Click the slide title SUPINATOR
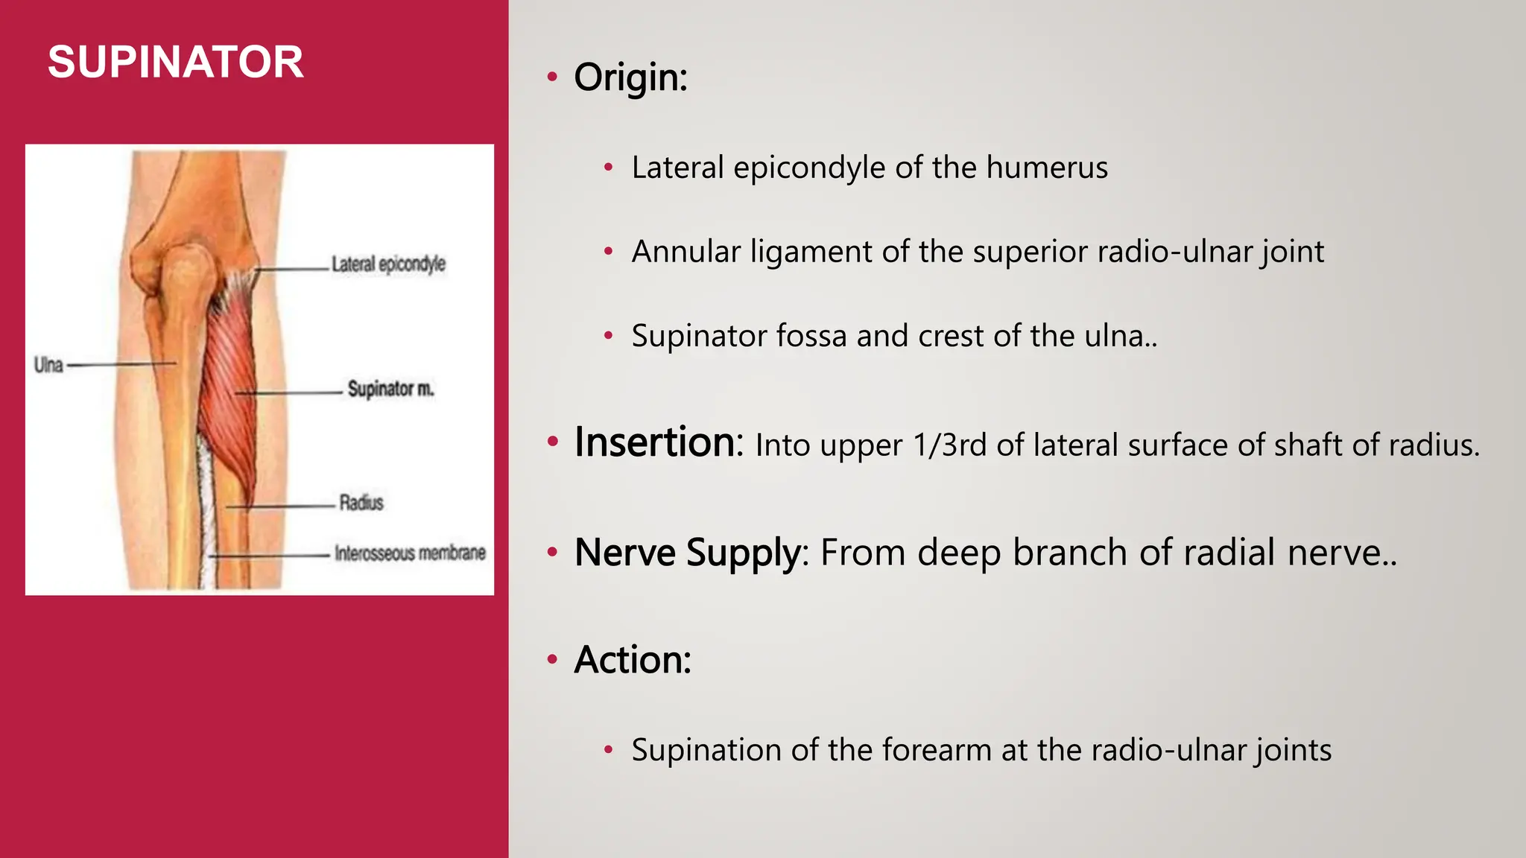[176, 62]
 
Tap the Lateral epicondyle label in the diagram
[388, 264]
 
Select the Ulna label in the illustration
[48, 365]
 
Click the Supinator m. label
[390, 389]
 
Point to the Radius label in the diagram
[361, 503]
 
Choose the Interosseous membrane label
[410, 553]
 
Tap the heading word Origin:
[630, 77]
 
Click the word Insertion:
[659, 442]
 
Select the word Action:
[633, 660]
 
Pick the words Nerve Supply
[687, 553]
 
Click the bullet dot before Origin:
[552, 77]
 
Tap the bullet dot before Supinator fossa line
[608, 336]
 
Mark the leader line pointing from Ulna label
[119, 365]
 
